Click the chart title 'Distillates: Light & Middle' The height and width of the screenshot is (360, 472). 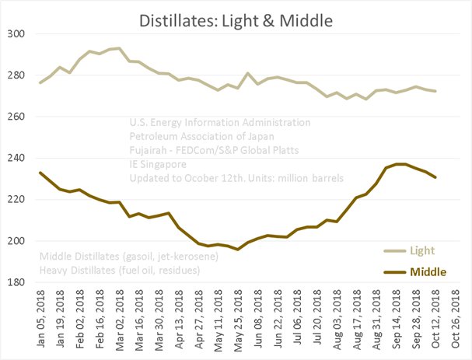[235, 18]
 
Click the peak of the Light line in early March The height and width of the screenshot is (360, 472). [119, 48]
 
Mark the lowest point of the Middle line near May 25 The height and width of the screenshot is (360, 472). [237, 249]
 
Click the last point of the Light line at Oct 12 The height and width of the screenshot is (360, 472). [435, 91]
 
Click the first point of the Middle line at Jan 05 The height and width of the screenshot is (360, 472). [40, 173]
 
